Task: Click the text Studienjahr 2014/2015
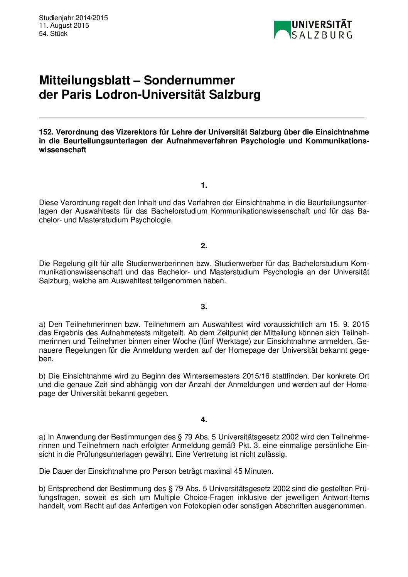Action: tap(73, 18)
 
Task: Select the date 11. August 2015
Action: tap(64, 25)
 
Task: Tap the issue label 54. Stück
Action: tap(53, 34)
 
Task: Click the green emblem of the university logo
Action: tap(282, 29)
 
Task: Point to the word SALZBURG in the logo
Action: tap(322, 35)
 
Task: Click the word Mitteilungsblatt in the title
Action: tap(84, 80)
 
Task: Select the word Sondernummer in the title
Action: tap(189, 80)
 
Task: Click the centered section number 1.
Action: tap(204, 185)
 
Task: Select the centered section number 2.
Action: tap(204, 246)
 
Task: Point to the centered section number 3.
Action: tap(204, 307)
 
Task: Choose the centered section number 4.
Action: tap(204, 419)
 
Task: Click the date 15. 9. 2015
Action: tap(349, 324)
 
